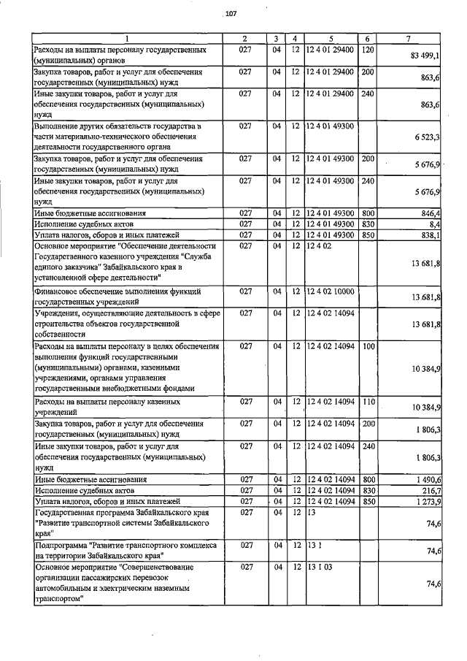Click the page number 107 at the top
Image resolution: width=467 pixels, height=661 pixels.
[231, 14]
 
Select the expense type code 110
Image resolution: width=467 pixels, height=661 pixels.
[368, 402]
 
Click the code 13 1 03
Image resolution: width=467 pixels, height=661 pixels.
[317, 567]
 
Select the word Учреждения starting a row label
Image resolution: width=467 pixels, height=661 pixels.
[59, 313]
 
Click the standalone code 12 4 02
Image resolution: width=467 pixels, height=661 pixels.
[320, 247]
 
